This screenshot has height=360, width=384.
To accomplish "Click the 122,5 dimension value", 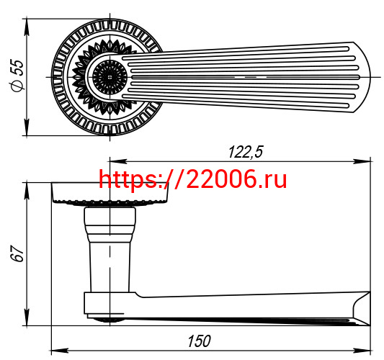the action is pos(246,152).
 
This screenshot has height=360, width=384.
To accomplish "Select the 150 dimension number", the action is pos(199,341).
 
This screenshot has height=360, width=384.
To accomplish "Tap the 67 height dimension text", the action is pos(17,253).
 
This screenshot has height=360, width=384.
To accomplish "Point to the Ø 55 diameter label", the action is pos(17,76).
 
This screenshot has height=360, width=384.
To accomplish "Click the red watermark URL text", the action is pos(192,179).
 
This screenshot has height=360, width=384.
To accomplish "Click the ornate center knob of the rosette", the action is pos(110,77).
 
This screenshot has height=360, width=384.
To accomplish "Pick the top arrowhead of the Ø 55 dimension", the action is pos(27,27).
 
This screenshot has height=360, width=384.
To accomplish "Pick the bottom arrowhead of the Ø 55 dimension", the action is pos(27,127).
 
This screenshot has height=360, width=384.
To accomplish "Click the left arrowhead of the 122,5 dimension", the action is pos(118,161).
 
